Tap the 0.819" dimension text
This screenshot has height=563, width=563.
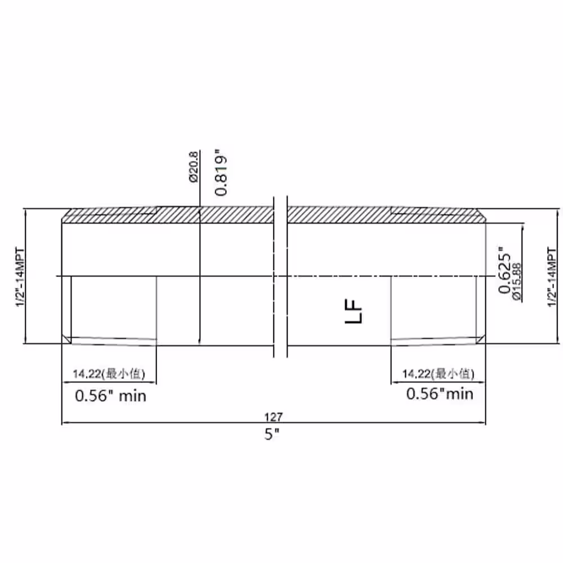pos(221,176)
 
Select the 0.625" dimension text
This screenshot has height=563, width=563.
pos(504,270)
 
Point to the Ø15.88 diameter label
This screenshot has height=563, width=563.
pos(517,282)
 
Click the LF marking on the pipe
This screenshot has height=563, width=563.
pos(354,311)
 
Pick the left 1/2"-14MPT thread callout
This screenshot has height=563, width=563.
pos(20,277)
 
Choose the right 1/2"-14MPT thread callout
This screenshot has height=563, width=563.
pos(552,277)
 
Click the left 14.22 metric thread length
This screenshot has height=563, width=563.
pos(87,374)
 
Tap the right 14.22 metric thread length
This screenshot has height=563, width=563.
pos(417,374)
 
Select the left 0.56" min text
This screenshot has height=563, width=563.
pos(110,396)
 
